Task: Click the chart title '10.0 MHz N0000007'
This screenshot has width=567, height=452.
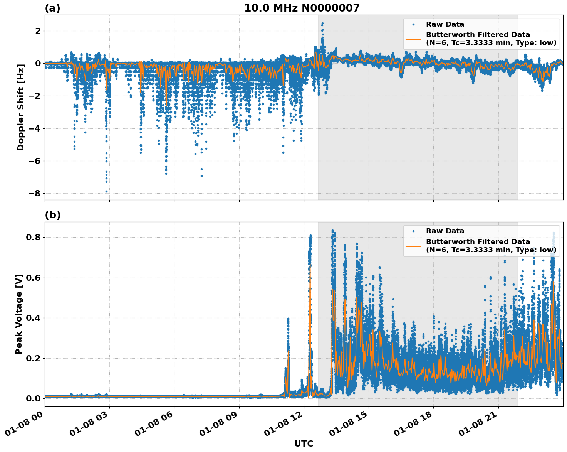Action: (302, 8)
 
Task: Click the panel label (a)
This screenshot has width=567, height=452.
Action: (52, 8)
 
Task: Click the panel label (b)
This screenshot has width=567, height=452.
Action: (52, 215)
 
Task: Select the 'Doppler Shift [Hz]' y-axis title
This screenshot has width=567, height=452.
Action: (21, 107)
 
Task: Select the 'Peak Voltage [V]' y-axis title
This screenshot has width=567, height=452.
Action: (19, 314)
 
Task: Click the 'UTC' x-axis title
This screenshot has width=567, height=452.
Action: (304, 444)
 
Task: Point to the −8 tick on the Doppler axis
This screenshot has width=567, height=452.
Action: (35, 194)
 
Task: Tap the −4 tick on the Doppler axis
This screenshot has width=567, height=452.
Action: (35, 128)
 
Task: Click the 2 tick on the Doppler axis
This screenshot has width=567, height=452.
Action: (38, 31)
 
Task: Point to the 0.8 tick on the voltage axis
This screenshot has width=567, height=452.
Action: (33, 237)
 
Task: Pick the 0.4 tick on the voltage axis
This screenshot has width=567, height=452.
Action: (33, 318)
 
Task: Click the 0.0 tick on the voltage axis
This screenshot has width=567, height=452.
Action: (33, 398)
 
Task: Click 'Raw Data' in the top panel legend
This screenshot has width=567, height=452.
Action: (445, 24)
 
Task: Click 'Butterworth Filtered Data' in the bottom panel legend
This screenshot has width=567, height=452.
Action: (478, 242)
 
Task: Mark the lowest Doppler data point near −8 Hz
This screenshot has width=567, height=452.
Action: (107, 191)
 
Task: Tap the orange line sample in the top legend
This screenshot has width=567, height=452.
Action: (413, 39)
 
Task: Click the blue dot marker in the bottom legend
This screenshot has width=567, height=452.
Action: (413, 231)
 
